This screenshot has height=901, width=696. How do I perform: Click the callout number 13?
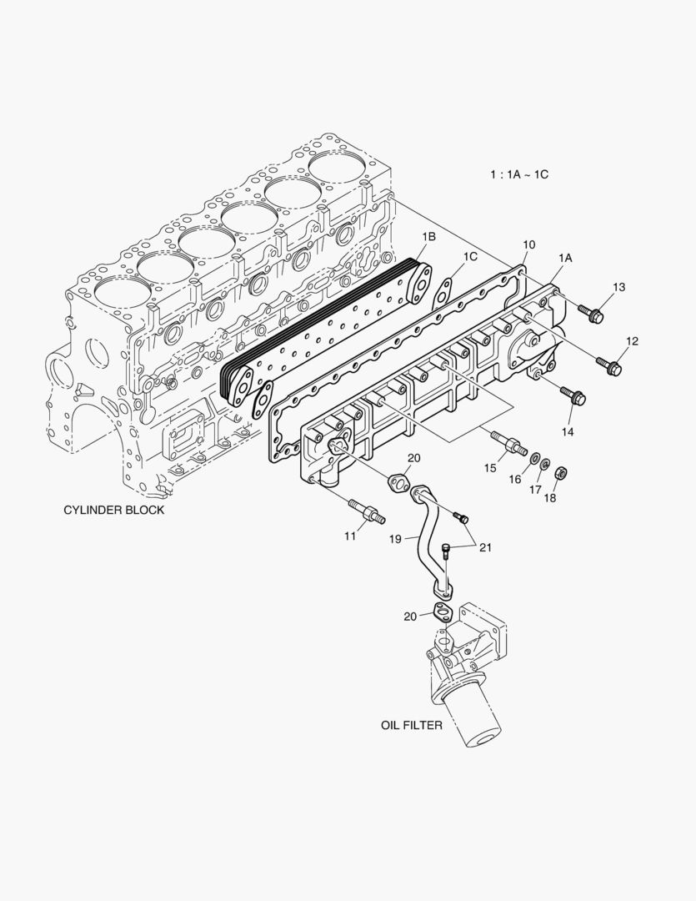[618, 288]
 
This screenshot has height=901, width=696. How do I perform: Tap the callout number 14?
[568, 431]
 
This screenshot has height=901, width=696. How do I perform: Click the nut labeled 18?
[561, 473]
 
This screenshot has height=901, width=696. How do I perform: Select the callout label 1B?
[428, 238]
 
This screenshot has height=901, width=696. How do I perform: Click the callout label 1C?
[471, 257]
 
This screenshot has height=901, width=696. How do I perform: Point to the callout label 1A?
[565, 259]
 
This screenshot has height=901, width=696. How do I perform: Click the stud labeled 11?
[367, 511]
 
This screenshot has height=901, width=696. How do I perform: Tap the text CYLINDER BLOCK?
[114, 510]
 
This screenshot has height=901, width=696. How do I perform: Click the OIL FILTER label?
[412, 725]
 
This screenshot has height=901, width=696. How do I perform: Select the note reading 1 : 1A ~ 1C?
[518, 174]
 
